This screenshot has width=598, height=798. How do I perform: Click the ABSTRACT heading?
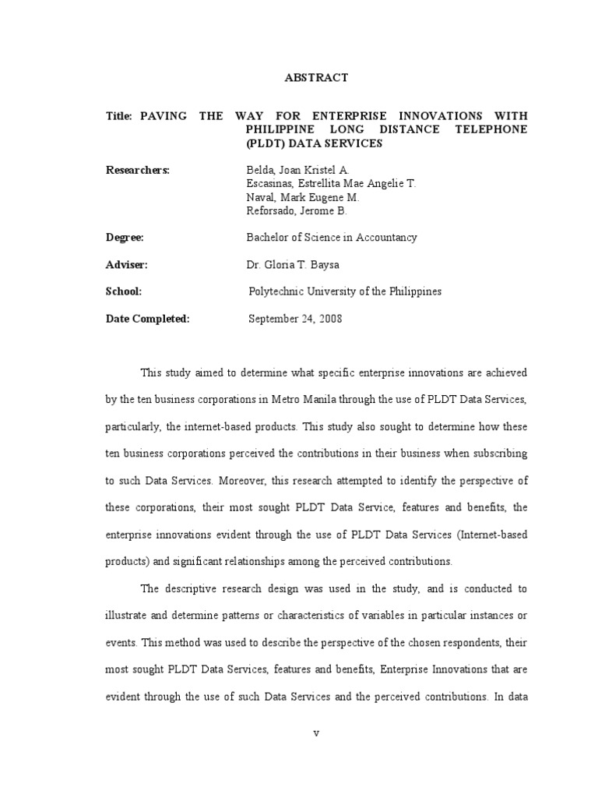point(317,78)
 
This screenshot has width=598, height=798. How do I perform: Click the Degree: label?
point(125,238)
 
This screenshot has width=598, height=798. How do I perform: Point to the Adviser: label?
point(126,265)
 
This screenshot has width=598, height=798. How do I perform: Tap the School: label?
point(124,291)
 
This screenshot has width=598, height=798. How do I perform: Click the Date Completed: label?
point(148,319)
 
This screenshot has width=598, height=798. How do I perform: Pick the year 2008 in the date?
point(329,319)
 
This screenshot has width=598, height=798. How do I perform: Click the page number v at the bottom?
point(317,734)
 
